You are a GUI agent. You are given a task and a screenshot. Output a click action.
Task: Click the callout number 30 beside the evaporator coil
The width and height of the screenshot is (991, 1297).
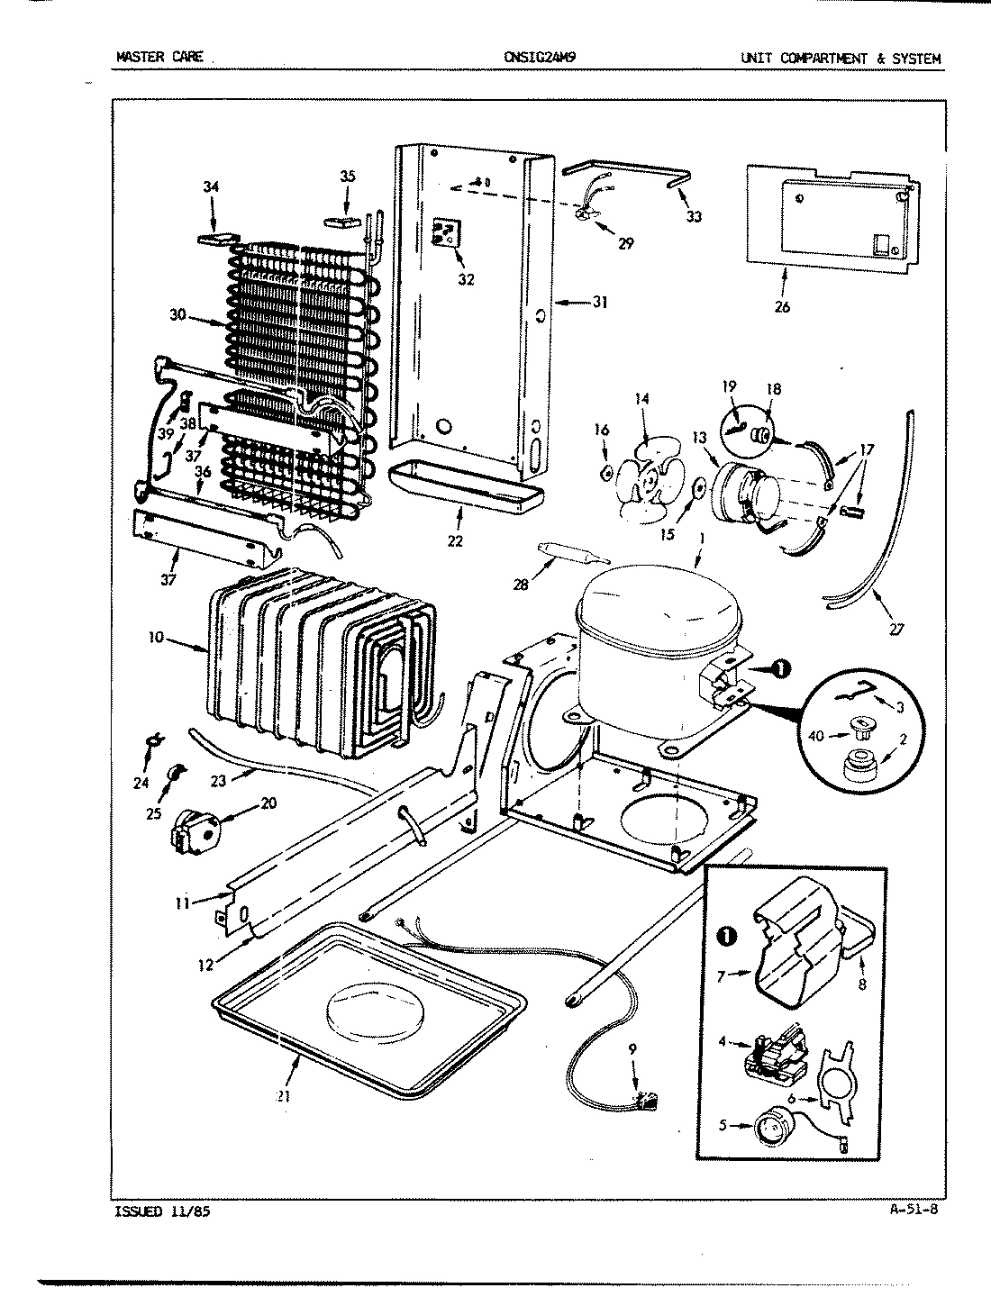[x=178, y=315]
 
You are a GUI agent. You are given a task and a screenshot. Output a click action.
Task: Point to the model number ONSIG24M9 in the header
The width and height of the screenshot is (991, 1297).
[x=541, y=59]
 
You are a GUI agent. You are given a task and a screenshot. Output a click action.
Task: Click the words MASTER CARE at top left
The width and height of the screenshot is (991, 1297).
[x=159, y=59]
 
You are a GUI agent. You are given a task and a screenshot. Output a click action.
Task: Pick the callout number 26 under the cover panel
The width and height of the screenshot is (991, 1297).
[x=781, y=307]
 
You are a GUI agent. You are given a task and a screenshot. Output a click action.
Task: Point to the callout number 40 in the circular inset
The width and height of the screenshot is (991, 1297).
[x=816, y=736]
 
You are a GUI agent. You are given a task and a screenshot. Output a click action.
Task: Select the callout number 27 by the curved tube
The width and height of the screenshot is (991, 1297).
[x=894, y=629]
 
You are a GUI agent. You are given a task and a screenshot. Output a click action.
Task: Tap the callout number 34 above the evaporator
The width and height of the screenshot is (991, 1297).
[x=211, y=187]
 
